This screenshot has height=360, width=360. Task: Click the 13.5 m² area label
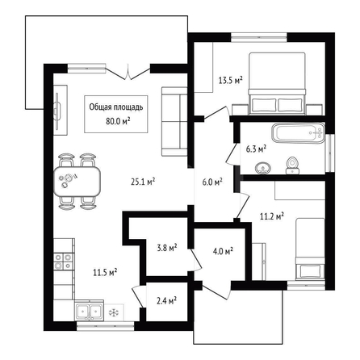231,80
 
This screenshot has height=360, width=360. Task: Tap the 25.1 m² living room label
143,182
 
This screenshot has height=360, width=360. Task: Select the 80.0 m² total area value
118,121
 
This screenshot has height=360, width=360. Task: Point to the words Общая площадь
116,107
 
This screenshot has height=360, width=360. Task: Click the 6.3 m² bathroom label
256,149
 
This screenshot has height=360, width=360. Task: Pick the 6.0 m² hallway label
212,182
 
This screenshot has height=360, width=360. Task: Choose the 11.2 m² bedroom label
272,216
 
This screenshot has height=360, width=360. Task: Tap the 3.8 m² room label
167,248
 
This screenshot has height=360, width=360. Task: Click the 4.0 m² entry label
223,251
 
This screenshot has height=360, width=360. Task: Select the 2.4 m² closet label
166,300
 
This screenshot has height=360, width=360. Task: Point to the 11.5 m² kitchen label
105,272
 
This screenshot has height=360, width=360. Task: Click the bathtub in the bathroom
298,132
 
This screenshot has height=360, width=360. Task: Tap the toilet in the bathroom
292,165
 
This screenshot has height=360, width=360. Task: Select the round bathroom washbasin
262,168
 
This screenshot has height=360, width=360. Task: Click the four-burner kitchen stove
64,262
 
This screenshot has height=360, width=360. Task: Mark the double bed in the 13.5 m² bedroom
277,83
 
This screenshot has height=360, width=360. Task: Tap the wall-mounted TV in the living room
57,111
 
